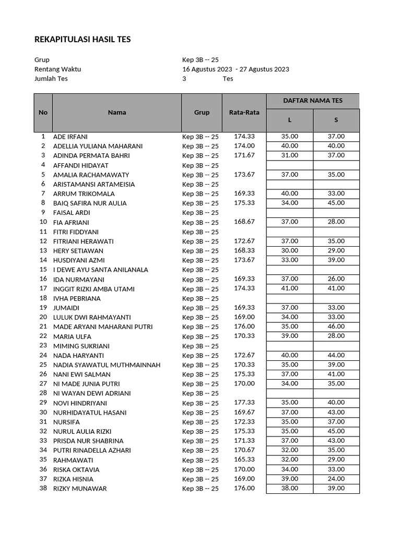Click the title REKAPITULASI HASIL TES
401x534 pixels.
pyautogui.click(x=82, y=40)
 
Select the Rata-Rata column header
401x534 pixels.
pyautogui.click(x=244, y=112)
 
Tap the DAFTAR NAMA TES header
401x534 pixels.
pyautogui.click(x=313, y=101)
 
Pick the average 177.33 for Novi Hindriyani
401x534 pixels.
pyautogui.click(x=244, y=403)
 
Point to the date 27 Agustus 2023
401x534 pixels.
pyautogui.click(x=265, y=69)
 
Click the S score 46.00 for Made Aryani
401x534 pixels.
pyautogui.click(x=336, y=326)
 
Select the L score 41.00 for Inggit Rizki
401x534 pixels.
pyautogui.click(x=290, y=288)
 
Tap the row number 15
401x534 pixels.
pyautogui.click(x=43, y=270)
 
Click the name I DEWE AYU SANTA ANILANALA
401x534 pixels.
pyautogui.click(x=101, y=270)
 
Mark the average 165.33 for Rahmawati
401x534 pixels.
pyautogui.click(x=244, y=459)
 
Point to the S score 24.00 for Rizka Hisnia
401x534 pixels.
pyautogui.click(x=336, y=479)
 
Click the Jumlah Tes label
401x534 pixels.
pyautogui.click(x=51, y=79)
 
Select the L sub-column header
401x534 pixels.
pyautogui.click(x=290, y=120)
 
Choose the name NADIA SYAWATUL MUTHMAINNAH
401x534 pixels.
pyautogui.click(x=107, y=365)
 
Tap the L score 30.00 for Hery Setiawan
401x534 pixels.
pyautogui.click(x=290, y=250)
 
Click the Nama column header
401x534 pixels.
pyautogui.click(x=117, y=112)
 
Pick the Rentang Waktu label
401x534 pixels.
pyautogui.click(x=57, y=69)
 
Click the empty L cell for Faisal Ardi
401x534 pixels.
pyautogui.click(x=290, y=213)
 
